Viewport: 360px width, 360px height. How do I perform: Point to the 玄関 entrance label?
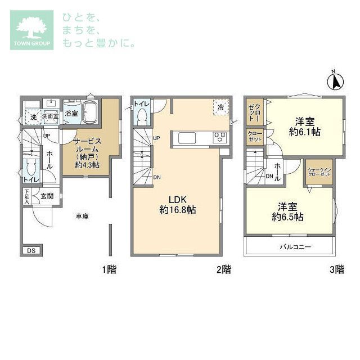tap(47, 196)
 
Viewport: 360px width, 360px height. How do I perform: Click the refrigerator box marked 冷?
tap(220, 107)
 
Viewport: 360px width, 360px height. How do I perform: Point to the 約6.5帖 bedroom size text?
tap(287, 216)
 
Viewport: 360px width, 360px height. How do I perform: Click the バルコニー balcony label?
tap(296, 247)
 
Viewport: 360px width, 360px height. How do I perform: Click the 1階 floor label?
tap(109, 269)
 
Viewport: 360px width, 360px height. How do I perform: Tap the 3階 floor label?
tap(336, 269)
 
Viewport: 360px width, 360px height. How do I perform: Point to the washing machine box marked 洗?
tap(33, 117)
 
